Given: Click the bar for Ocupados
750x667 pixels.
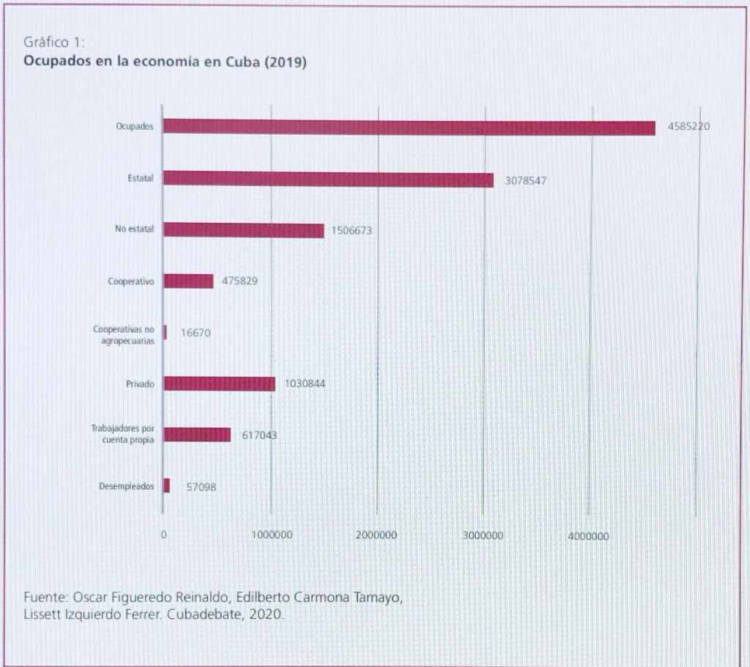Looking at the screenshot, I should click(x=409, y=128).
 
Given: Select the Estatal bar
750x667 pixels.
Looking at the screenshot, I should click(x=328, y=179).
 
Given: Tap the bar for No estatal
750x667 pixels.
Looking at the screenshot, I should click(x=243, y=230).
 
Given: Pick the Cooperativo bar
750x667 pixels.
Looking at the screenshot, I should click(x=188, y=281).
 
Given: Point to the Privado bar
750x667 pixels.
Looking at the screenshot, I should click(x=219, y=383).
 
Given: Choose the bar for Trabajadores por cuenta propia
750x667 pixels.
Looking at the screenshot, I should click(x=196, y=435).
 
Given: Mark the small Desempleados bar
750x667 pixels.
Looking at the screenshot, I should click(x=166, y=486).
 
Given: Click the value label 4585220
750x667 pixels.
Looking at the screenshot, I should click(x=688, y=127).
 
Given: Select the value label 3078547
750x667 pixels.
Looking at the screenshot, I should click(x=525, y=180).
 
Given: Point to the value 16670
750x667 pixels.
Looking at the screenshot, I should click(x=196, y=333).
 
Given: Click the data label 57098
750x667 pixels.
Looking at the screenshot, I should click(x=201, y=486).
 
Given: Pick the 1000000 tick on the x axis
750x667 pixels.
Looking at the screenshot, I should click(x=272, y=537).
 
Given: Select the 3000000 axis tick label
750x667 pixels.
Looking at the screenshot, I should click(x=483, y=537).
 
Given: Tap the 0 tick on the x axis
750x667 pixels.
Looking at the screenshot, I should click(x=164, y=537).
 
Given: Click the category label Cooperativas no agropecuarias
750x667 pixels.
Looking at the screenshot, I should click(x=124, y=336).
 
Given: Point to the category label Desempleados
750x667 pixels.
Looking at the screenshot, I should click(x=127, y=486).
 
